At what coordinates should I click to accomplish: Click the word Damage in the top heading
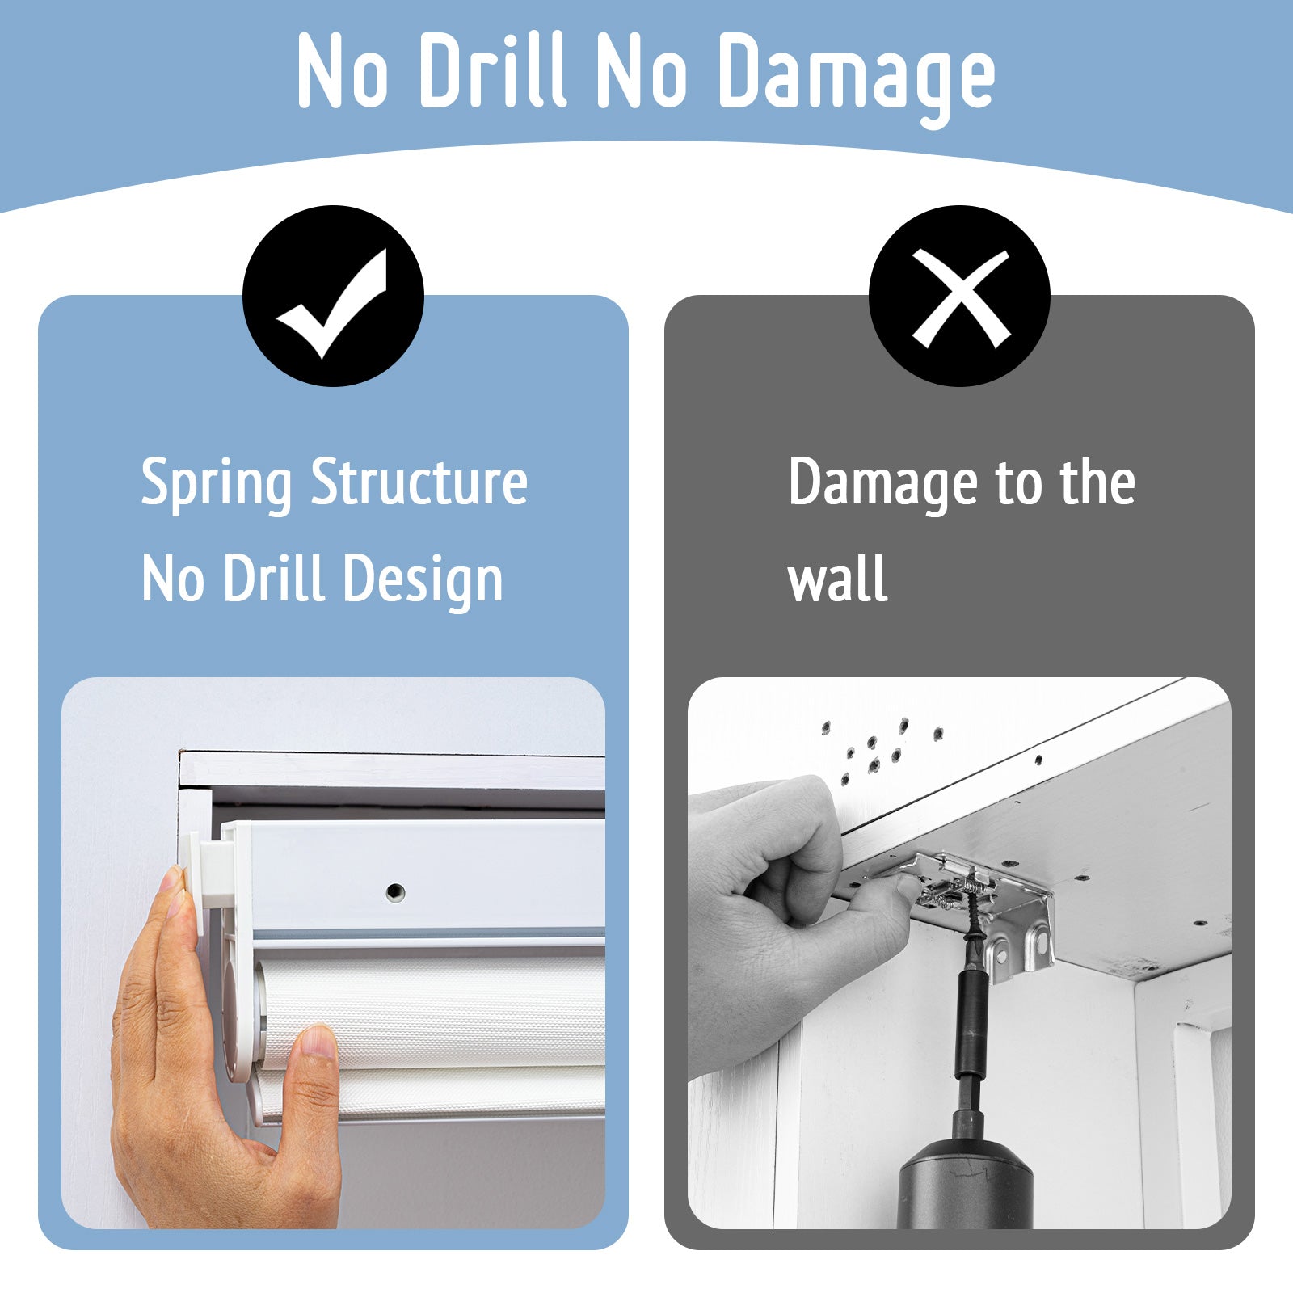pos(857,74)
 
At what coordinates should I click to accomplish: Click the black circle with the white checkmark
pos(333,296)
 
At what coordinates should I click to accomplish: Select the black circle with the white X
pos(959,296)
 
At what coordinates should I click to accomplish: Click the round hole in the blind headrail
pos(395,891)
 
